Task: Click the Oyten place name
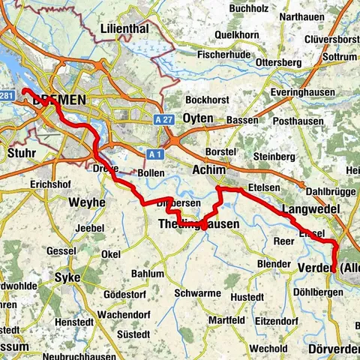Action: click(199, 118)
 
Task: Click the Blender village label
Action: click(272, 264)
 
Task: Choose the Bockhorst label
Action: click(205, 99)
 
